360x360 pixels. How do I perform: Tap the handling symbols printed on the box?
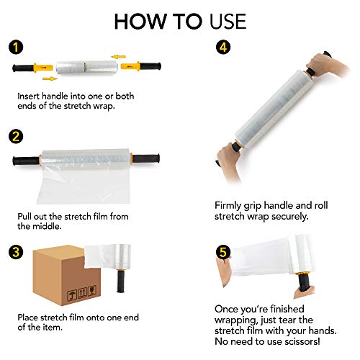53,294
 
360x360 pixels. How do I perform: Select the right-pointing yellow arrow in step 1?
48,78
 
